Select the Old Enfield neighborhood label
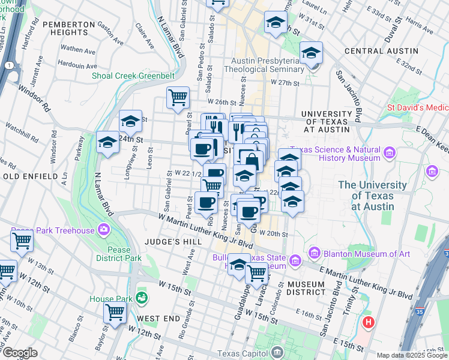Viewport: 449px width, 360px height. click(30, 176)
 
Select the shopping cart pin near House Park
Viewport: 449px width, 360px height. click(114, 311)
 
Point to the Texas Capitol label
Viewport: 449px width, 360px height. click(243, 353)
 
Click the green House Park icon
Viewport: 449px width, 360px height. click(142, 297)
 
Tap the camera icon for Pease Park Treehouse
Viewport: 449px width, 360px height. click(104, 230)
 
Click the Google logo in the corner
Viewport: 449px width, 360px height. click(20, 353)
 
